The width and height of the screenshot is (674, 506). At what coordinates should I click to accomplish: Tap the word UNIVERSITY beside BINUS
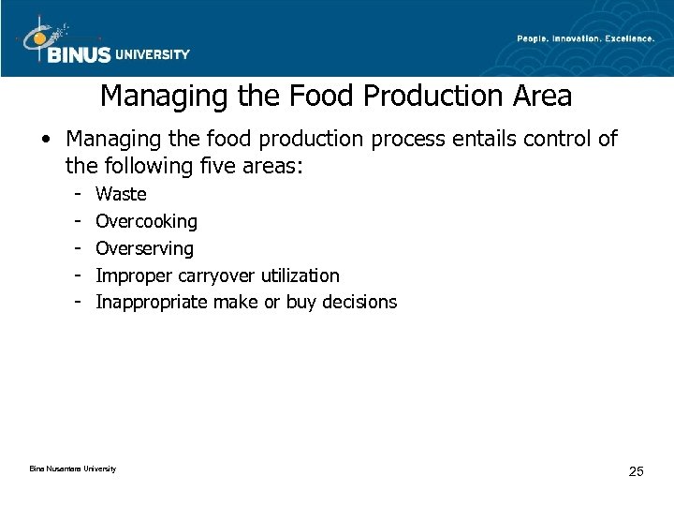point(153,54)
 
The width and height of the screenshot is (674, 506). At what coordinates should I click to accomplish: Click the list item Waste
point(121,195)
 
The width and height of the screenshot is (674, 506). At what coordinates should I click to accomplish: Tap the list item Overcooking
point(147,222)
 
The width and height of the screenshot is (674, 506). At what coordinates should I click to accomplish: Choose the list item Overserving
point(145,248)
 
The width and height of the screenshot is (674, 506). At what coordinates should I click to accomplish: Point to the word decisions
point(361,302)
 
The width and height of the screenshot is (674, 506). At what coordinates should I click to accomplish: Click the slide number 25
point(636,470)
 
